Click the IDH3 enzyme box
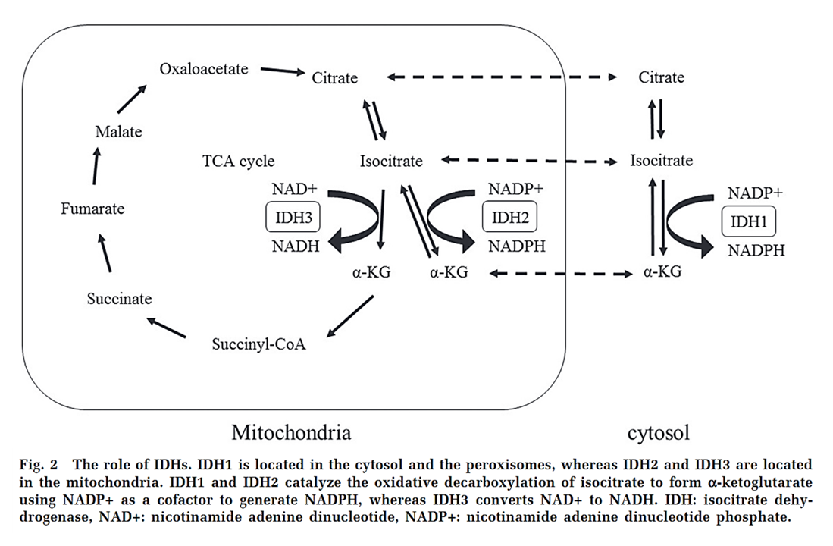[293, 218]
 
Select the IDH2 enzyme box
[509, 218]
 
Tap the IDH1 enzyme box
[749, 221]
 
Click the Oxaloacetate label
[204, 69]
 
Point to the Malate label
[118, 132]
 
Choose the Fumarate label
[92, 209]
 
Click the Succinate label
[119, 299]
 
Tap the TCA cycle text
[239, 161]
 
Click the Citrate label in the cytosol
[661, 77]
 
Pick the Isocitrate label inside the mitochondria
[391, 161]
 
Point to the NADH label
[296, 246]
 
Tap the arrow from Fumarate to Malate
[96, 166]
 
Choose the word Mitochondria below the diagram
[291, 433]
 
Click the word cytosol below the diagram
[659, 434]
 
